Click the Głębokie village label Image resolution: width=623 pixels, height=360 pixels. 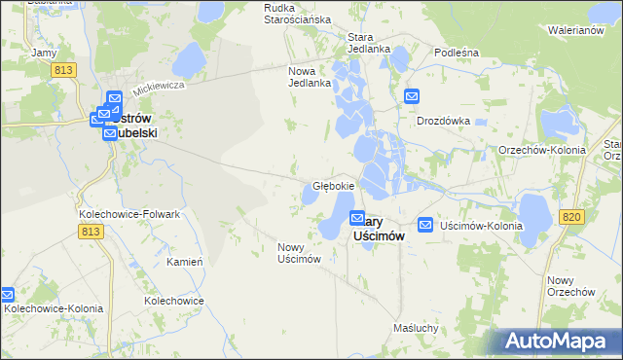tap(333, 185)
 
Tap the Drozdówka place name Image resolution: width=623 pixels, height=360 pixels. tap(443, 122)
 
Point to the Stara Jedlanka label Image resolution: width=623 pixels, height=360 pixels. tap(369, 43)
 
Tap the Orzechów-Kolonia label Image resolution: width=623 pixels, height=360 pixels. tap(541, 151)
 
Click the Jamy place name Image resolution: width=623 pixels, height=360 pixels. tap(44, 52)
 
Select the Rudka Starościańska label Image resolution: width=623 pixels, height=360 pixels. tap(298, 13)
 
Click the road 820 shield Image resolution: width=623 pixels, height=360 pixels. tap(572, 216)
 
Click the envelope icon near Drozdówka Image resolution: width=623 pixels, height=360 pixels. tap(412, 96)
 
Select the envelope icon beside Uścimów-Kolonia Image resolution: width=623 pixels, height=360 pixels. tap(425, 225)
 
